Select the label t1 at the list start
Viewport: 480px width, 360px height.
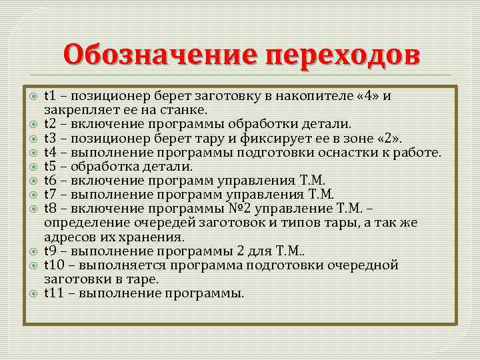tap(49, 96)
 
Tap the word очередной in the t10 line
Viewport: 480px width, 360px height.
tap(365, 265)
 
